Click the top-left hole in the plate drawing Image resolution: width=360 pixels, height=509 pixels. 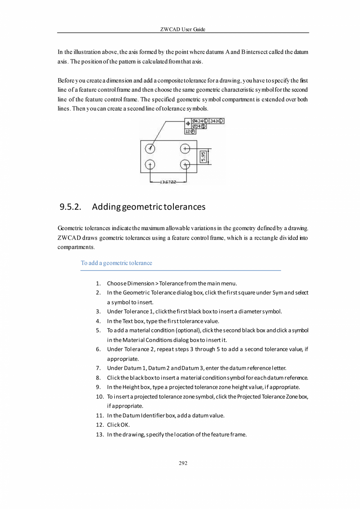150,148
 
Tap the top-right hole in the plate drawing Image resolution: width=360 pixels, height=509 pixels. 185,148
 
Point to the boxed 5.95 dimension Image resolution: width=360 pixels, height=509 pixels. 203,157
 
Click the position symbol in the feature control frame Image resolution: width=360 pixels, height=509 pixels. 188,123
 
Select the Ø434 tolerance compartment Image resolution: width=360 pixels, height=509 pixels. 200,121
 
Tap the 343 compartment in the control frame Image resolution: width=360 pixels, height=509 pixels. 216,121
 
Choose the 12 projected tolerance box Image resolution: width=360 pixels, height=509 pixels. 190,132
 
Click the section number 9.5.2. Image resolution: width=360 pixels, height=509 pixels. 70,207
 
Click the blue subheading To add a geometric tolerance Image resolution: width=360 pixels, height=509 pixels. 116,263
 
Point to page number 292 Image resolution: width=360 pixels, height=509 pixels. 183,464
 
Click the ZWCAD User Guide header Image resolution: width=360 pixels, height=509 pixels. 183,29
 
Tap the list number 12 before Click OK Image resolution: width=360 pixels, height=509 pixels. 99,424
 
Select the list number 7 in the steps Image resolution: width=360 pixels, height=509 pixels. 99,368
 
